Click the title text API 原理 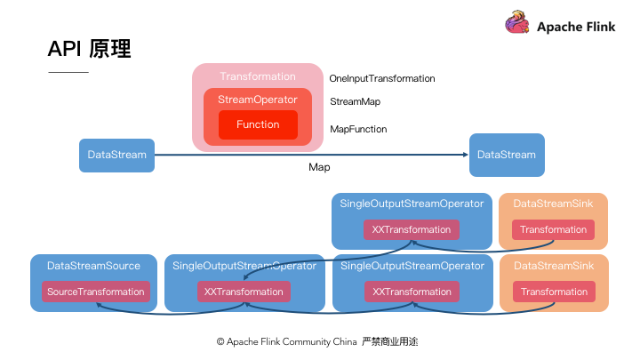(90, 49)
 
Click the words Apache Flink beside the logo (577, 27)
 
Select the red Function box (258, 124)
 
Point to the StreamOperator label (258, 100)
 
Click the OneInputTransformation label (382, 78)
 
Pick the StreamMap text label (356, 102)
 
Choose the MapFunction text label (358, 129)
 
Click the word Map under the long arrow (320, 167)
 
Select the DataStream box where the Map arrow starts (117, 155)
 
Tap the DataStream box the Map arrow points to (507, 155)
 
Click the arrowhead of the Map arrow (465, 155)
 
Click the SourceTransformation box (97, 292)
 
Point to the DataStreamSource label (93, 266)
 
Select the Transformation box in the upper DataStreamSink (554, 229)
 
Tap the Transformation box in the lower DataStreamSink (554, 292)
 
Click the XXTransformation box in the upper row (412, 229)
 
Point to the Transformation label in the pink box (258, 76)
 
